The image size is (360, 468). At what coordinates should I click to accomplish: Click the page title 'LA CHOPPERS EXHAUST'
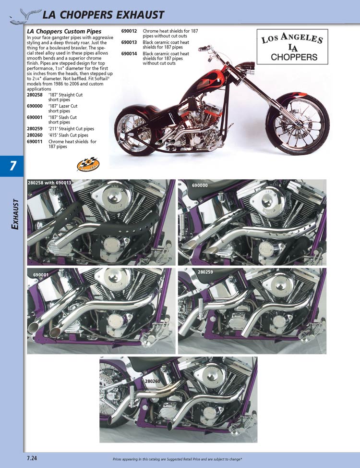point(103,15)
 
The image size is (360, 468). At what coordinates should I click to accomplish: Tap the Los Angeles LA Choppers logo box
point(292,47)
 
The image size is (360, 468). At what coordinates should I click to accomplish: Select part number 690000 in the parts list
point(35,106)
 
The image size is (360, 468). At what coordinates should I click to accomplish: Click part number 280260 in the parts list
point(35,135)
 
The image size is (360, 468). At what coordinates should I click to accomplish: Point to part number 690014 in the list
point(129,54)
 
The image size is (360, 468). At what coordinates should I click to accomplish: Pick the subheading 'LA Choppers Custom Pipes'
point(64,31)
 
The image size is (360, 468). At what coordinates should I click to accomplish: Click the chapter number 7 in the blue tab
point(12,166)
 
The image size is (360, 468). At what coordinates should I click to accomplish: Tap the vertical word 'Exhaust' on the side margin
point(15,214)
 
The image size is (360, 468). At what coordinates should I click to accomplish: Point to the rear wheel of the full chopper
point(134,130)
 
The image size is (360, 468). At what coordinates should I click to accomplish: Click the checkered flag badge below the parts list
point(88,164)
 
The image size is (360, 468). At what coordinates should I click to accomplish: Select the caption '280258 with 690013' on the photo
point(49,183)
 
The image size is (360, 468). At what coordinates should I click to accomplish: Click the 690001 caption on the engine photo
point(41,274)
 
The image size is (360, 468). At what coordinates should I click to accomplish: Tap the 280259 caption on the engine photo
point(205,272)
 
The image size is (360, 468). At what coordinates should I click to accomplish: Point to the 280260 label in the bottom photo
point(153,381)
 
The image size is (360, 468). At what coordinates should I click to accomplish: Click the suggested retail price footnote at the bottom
point(177,459)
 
